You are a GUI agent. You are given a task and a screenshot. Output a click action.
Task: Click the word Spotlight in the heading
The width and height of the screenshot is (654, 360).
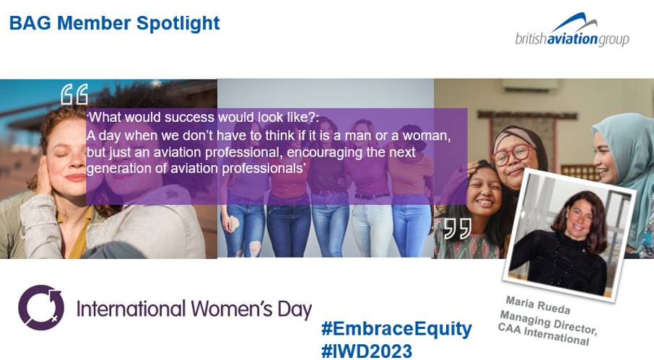[x=178, y=24]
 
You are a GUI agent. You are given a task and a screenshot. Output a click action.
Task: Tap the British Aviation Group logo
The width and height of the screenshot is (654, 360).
[x=572, y=30]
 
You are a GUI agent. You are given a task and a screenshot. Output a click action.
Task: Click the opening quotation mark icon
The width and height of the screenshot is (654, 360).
[x=74, y=95]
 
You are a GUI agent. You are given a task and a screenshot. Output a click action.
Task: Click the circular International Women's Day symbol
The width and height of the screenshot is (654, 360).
[x=41, y=307]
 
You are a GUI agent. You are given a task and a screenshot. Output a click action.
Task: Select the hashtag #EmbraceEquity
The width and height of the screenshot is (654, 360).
[x=396, y=329]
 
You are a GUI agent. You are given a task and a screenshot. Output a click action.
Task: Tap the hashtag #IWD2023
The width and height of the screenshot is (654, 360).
[x=367, y=351]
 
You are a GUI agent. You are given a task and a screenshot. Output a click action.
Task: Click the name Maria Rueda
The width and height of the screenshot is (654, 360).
[x=538, y=305]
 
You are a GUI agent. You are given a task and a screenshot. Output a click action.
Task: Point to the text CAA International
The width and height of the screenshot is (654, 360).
[x=543, y=335]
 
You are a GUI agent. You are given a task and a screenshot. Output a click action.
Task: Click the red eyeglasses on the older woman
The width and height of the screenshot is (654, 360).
[x=513, y=154]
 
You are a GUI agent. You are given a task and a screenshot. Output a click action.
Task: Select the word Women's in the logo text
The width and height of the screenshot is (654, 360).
[x=232, y=309]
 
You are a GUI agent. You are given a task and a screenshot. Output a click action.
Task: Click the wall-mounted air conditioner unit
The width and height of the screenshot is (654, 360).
[x=530, y=86]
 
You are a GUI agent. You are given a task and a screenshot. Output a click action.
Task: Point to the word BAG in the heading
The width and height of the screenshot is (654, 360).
[x=30, y=23]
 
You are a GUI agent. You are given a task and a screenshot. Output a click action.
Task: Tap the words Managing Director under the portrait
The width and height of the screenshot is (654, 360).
[x=549, y=322]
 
